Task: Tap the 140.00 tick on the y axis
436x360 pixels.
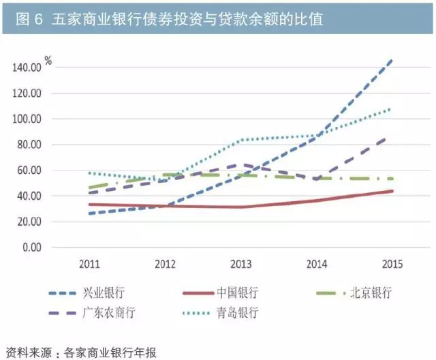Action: pyautogui.click(x=27, y=67)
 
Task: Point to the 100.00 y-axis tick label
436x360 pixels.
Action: pyautogui.click(x=27, y=119)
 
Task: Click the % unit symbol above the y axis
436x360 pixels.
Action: pyautogui.click(x=48, y=61)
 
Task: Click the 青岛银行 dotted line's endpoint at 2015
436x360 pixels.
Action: pyautogui.click(x=391, y=108)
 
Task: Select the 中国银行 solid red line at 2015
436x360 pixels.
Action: pyautogui.click(x=391, y=191)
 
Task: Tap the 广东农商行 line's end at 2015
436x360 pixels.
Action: pyautogui.click(x=390, y=137)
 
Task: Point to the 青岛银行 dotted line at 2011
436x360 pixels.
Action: pyautogui.click(x=90, y=172)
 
